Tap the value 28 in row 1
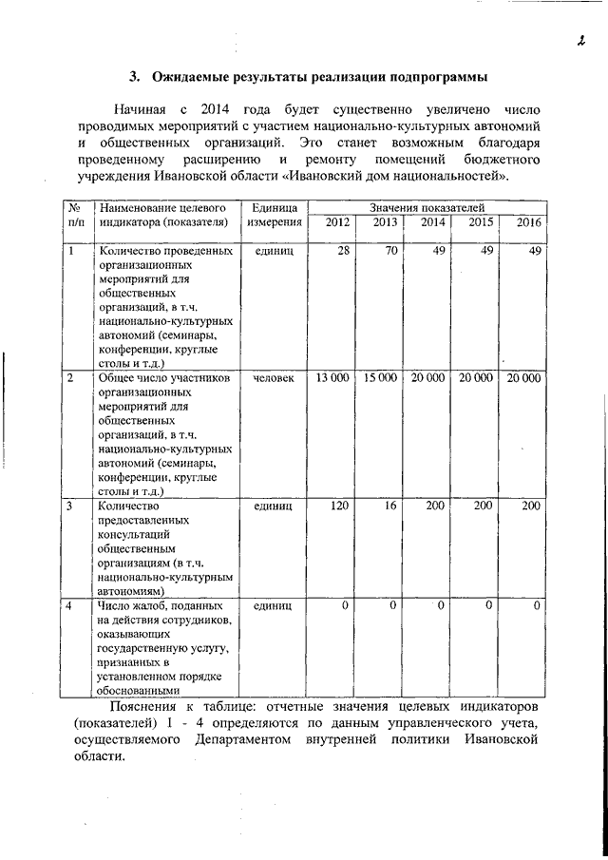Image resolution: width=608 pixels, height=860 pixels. coord(343,251)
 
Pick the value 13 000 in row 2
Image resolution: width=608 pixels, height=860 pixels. coord(332,378)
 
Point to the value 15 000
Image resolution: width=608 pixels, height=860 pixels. coord(380,378)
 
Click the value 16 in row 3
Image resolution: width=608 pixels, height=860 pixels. coord(390,506)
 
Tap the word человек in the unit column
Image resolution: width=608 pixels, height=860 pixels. coord(275,378)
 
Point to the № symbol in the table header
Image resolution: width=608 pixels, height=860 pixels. coord(73,207)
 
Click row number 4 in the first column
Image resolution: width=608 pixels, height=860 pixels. coord(70,605)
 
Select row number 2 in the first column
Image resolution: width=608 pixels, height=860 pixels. coord(70,378)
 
